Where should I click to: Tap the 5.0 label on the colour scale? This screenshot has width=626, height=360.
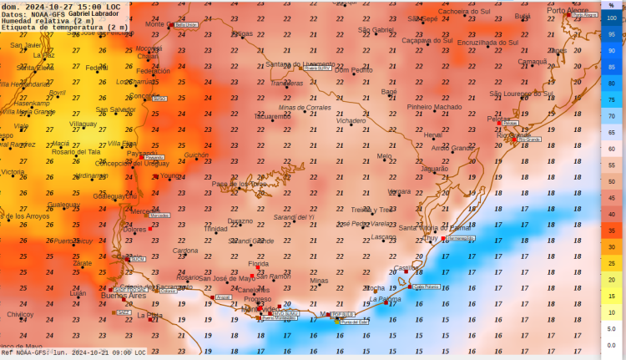[612, 328]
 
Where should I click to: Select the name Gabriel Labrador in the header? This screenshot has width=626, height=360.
[93, 13]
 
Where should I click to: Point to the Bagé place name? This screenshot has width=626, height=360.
[389, 91]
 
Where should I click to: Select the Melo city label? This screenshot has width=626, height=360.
[384, 155]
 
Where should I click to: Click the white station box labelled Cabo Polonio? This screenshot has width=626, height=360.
[425, 286]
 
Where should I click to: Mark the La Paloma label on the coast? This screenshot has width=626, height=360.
[386, 298]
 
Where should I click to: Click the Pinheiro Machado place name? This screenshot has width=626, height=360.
[434, 107]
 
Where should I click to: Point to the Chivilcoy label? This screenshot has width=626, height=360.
[20, 314]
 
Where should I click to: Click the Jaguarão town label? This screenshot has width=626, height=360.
[435, 169]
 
